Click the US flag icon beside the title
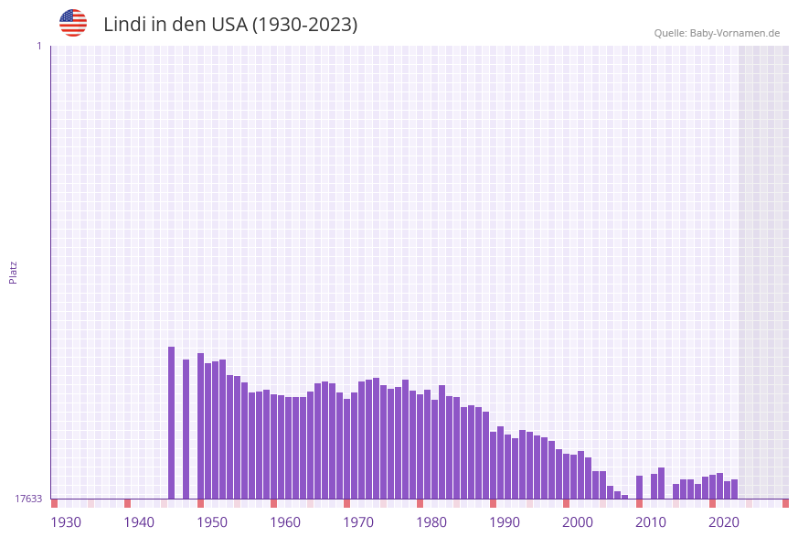pos(73,23)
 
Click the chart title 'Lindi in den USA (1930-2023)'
pos(230,25)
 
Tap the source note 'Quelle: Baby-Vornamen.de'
pos(717,33)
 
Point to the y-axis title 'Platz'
pos(14,272)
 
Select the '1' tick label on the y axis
pos(38,46)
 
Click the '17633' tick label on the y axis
pos(28,499)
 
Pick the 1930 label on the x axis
pos(66,521)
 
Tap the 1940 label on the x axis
pos(139,521)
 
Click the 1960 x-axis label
pos(285,521)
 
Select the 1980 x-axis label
pos(431,521)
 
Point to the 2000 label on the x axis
pos(578,521)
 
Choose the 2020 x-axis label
pos(724,521)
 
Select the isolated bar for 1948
pos(186,429)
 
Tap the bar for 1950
pos(200,426)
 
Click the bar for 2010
pos(639,488)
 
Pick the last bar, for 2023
pos(734,489)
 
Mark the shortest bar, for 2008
pos(624,497)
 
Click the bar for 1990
pos(493,466)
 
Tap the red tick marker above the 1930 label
pos(55,503)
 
